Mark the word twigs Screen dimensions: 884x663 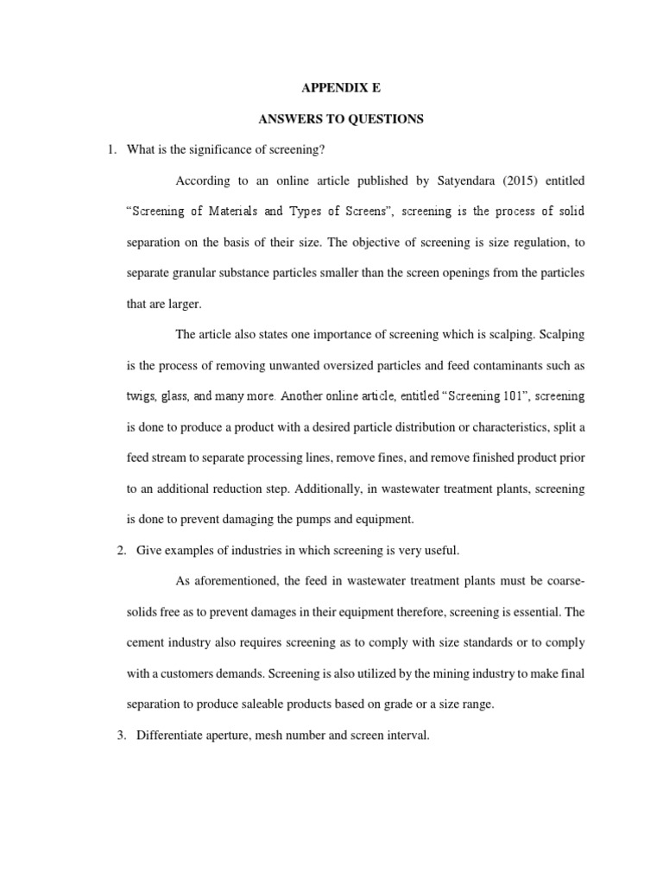(142, 396)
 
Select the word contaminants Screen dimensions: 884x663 (521, 365)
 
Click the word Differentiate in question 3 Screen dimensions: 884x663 (173, 735)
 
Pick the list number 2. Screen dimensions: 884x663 (120, 550)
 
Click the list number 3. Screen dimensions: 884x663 (120, 735)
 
